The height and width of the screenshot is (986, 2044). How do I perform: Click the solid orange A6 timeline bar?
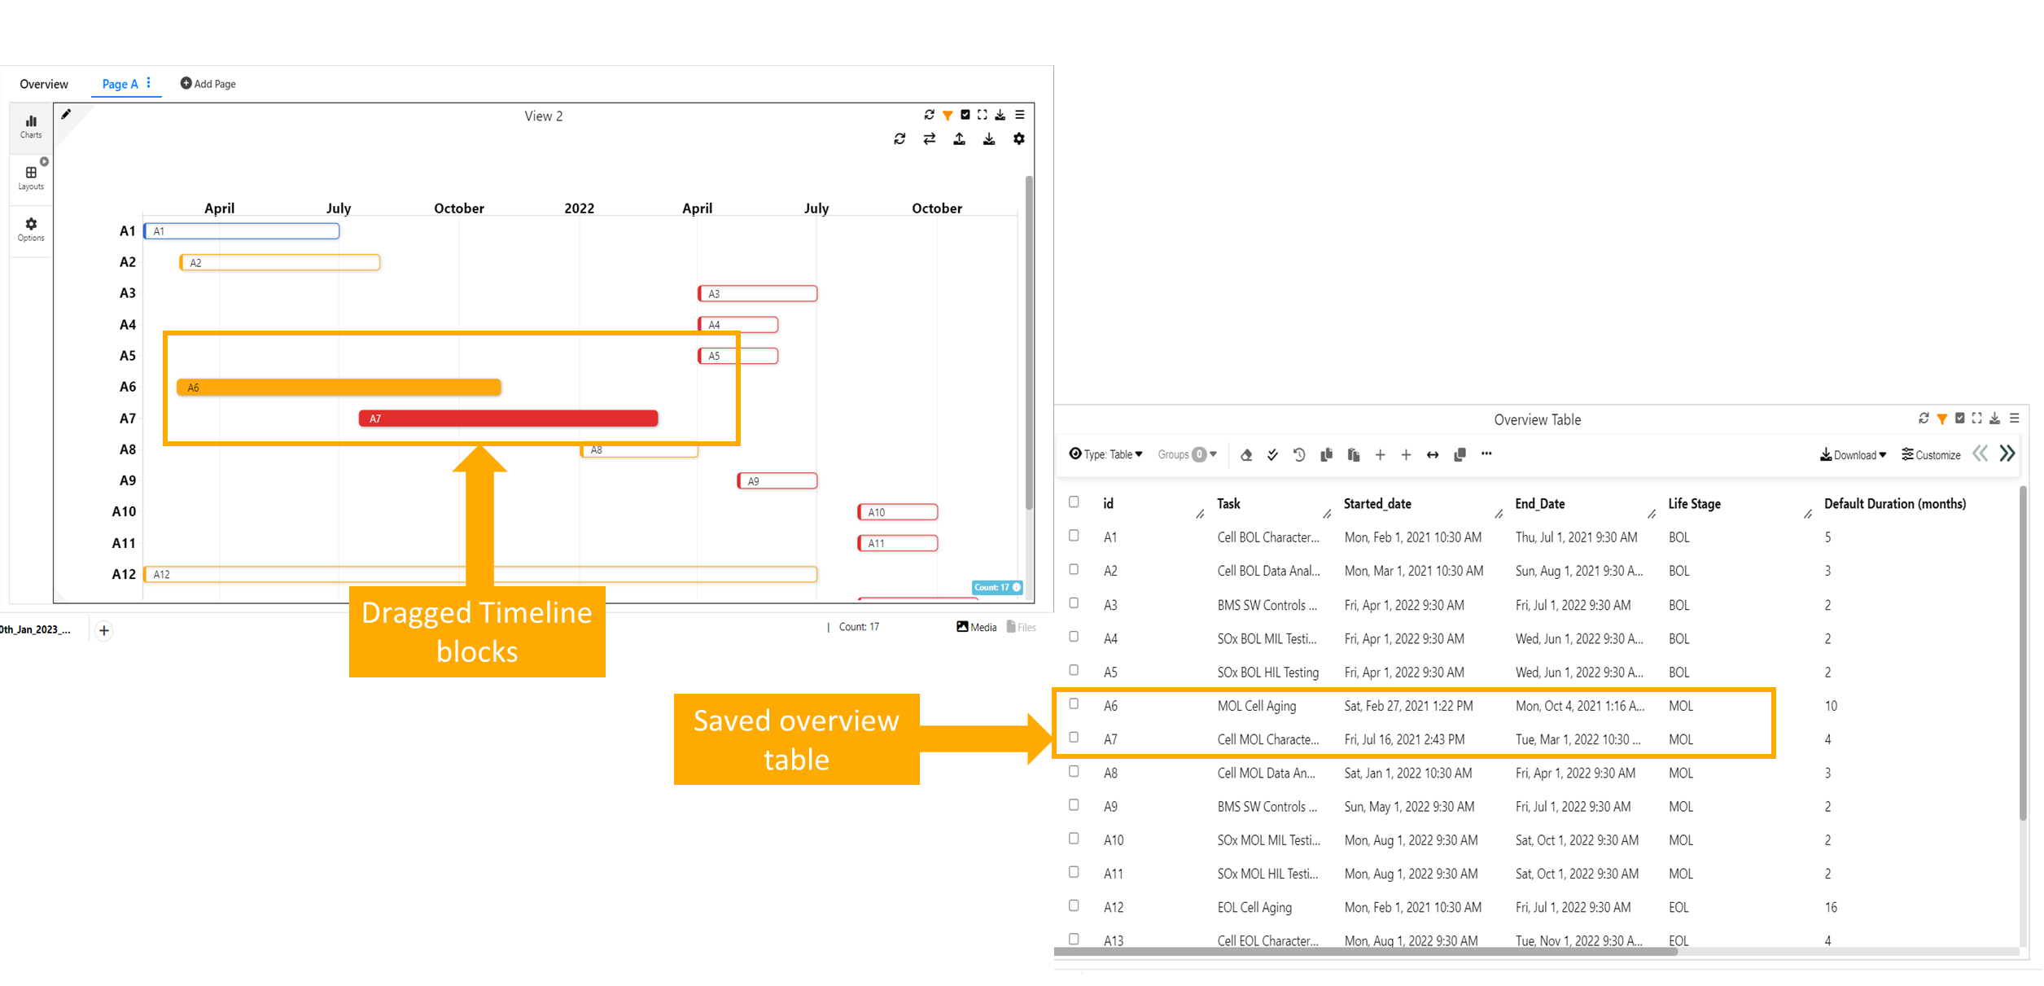tap(339, 388)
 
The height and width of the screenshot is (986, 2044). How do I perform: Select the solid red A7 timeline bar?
tap(508, 419)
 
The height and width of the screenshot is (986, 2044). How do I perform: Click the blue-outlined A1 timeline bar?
tap(242, 231)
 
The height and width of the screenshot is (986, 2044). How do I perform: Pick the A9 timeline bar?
tap(777, 481)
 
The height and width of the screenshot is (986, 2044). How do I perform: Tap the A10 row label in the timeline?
tap(124, 511)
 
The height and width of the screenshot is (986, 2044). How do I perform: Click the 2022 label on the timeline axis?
tap(579, 208)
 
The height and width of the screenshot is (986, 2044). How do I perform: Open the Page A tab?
tap(120, 84)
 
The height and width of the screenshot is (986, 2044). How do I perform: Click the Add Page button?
tap(208, 84)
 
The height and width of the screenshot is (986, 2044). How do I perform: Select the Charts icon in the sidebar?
tap(31, 127)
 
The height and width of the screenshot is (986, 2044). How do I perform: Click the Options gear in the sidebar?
tap(31, 230)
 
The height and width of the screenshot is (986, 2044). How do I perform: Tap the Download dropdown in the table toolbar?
tap(1854, 455)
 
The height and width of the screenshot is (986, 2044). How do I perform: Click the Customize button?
tap(1931, 455)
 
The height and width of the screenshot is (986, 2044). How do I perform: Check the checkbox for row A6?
tap(1074, 704)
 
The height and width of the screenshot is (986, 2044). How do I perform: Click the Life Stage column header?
tap(1694, 504)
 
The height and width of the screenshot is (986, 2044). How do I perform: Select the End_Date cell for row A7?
tap(1578, 739)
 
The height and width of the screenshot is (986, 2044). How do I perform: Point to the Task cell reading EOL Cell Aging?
tap(1254, 907)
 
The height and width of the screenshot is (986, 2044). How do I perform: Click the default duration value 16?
tap(1831, 907)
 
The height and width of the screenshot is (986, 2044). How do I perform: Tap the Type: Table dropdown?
tap(1106, 454)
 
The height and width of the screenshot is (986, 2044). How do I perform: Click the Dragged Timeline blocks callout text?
tap(477, 632)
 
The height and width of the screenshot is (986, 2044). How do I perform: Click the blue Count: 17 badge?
tap(997, 587)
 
